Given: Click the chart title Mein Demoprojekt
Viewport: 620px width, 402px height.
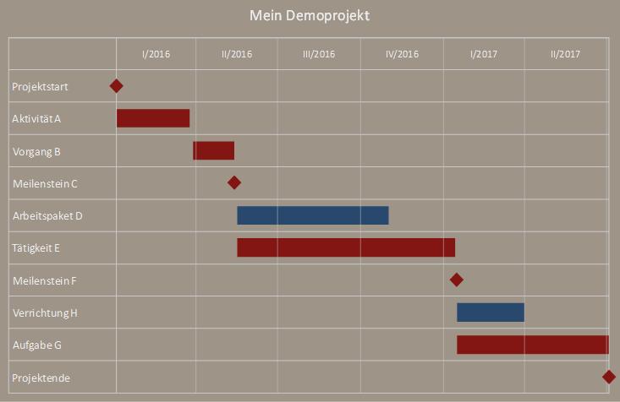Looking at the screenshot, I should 310,16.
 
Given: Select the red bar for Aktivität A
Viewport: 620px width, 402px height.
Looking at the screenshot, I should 153,118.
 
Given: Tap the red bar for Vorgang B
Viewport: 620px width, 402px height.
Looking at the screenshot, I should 214,150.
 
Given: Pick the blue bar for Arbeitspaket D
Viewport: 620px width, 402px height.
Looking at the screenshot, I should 313,215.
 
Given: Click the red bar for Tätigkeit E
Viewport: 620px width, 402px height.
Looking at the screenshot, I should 346,247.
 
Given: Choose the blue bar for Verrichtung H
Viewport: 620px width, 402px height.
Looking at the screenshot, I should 491,312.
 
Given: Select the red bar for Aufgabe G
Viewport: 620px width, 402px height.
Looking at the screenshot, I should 533,345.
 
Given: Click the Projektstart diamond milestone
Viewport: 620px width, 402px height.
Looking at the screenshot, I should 117,85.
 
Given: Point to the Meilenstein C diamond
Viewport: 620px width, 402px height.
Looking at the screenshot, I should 234,182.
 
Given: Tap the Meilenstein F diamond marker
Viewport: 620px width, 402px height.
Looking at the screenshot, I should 457,280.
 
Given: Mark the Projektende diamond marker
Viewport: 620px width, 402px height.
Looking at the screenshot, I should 609,377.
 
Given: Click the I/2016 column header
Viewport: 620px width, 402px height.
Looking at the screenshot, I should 156,54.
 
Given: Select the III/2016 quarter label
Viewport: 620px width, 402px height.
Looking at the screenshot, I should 319,54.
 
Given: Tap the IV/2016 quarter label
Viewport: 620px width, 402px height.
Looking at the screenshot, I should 402,54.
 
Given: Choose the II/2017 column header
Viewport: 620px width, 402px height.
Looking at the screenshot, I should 566,54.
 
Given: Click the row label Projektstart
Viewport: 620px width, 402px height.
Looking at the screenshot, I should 41,86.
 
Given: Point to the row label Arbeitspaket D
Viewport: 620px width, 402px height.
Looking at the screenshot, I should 47,216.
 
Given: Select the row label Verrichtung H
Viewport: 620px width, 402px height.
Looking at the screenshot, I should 46,313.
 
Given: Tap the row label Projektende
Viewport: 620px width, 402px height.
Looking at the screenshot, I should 41,378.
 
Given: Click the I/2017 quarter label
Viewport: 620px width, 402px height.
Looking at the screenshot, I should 484,54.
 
